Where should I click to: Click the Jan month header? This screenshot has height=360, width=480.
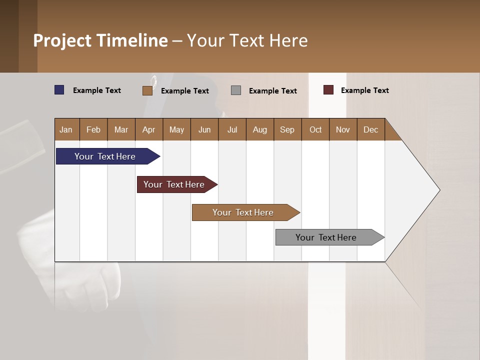click(x=66, y=129)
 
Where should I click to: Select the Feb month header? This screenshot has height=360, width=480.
click(x=93, y=129)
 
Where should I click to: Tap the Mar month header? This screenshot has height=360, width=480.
click(x=121, y=129)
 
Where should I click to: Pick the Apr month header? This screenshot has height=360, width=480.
click(x=149, y=129)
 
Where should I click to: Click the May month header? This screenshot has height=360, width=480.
click(x=176, y=129)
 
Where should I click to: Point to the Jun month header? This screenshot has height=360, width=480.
click(x=204, y=129)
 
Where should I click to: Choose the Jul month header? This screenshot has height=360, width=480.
click(x=232, y=129)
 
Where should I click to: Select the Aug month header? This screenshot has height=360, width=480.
click(x=260, y=129)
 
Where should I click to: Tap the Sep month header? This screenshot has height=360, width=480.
click(x=287, y=129)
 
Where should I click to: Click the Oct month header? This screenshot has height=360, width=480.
click(x=315, y=129)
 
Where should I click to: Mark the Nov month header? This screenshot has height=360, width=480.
click(x=343, y=129)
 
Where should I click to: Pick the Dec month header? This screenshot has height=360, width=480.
click(x=371, y=129)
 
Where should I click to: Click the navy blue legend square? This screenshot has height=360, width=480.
click(x=59, y=90)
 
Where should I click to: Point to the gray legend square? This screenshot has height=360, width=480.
click(x=236, y=90)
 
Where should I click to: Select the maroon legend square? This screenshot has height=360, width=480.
click(x=328, y=90)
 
